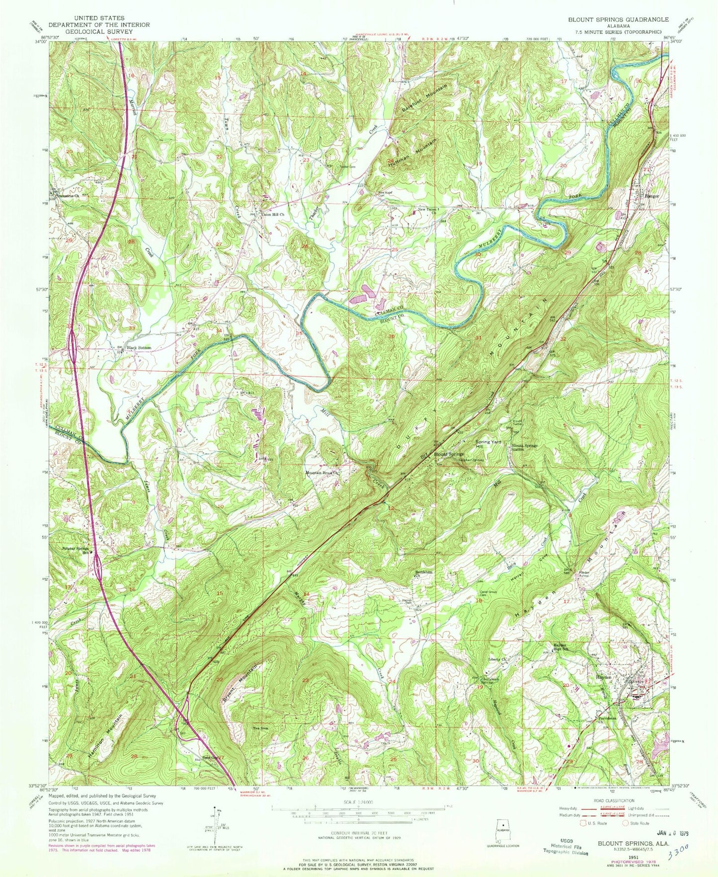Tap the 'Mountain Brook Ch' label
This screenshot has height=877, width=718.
[321, 473]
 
